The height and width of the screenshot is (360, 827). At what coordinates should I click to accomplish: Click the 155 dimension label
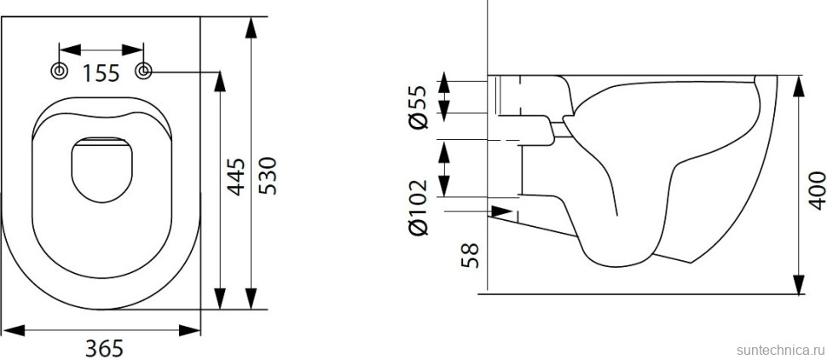[101, 73]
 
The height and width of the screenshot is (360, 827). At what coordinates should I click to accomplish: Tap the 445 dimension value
[237, 177]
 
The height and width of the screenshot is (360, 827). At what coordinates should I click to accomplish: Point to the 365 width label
[105, 347]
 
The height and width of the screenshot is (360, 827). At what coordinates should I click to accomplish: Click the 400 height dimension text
[817, 190]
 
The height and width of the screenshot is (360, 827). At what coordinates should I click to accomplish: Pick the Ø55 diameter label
[418, 107]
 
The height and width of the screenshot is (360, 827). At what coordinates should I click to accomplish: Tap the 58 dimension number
[470, 253]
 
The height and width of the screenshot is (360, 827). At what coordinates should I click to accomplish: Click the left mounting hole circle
[60, 72]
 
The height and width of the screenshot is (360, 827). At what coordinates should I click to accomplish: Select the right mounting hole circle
[144, 72]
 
